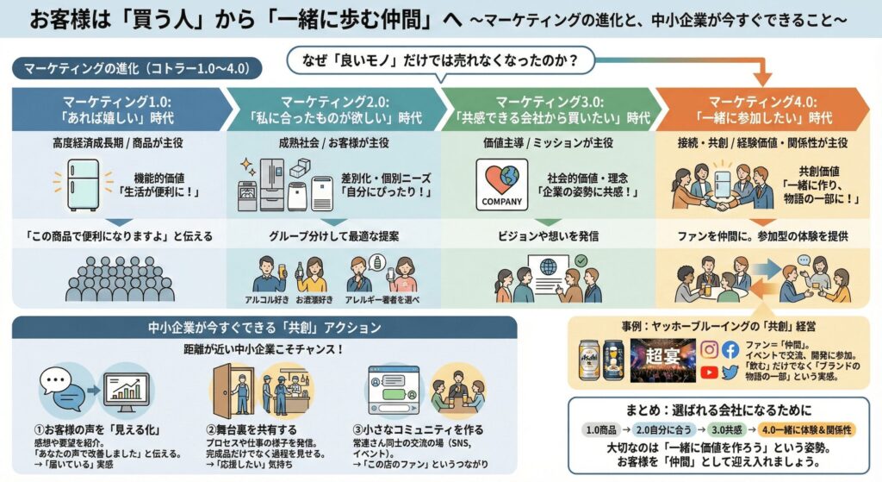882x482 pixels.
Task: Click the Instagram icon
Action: point(709,350)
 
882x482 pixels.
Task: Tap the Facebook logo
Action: point(730,350)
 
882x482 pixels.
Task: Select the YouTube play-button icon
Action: point(709,372)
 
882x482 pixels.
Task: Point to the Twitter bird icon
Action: point(730,372)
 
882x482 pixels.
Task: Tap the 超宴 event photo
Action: point(662,360)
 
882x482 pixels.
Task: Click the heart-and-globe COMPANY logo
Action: point(501,184)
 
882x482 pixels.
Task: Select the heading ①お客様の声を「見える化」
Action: point(89,429)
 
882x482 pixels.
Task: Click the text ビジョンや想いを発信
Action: point(548,235)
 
